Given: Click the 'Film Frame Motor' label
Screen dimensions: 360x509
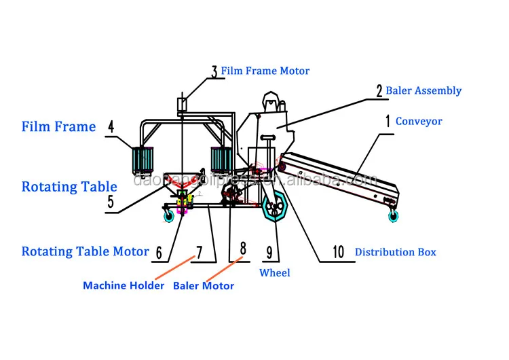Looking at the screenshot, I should (265, 71).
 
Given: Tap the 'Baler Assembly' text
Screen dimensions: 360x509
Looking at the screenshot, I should (423, 90).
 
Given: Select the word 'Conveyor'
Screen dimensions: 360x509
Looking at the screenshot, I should (419, 122).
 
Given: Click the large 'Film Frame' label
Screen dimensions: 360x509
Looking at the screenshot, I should (58, 126).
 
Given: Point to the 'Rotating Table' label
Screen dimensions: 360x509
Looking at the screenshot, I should (69, 187).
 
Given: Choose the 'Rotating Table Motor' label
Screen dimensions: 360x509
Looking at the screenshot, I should (85, 251).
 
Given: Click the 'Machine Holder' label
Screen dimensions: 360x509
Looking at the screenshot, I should (124, 285).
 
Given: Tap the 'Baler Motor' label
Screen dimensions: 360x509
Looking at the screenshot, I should (204, 285).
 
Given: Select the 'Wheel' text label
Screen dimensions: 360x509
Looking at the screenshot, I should (275, 272).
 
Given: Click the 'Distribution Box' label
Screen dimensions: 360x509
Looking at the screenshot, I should (395, 252).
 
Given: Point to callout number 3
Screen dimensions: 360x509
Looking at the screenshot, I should (214, 71).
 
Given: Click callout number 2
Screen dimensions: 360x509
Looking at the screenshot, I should (379, 90).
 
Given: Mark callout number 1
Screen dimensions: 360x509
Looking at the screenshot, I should (388, 122).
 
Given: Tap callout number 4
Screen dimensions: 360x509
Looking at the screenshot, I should (112, 127).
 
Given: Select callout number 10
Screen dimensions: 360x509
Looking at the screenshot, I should (338, 252).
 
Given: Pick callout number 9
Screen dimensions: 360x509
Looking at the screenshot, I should (269, 253).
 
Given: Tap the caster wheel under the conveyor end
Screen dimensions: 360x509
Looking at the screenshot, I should (393, 216).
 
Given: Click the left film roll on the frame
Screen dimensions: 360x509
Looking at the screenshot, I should (145, 161).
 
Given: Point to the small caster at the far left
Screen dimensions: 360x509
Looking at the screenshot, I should (168, 217).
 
